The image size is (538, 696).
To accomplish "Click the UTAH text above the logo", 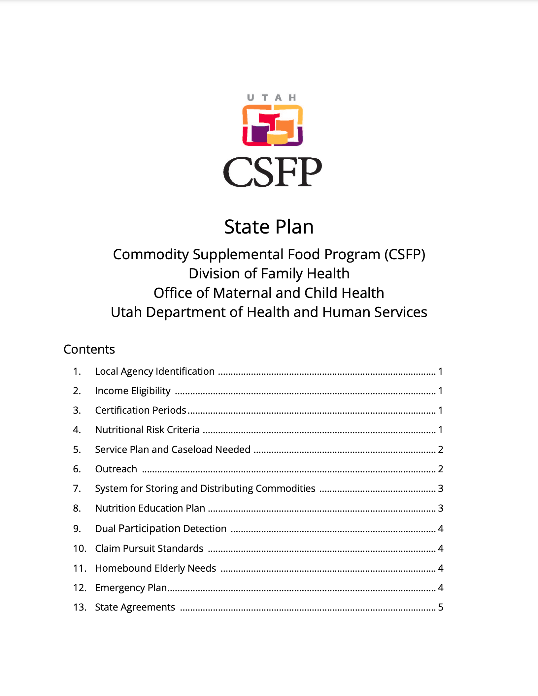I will pos(271,98).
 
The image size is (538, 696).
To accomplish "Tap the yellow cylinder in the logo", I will pos(277,138).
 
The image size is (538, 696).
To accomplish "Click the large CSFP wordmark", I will pos(272,172).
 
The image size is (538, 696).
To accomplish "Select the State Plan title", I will pos(269,227).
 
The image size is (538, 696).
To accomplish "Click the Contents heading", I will pos(89,349).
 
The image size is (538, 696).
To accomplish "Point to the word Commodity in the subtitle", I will pos(151,255).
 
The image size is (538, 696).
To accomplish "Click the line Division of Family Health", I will pos(269,274).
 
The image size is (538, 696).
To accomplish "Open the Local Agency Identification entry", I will pos(155,371).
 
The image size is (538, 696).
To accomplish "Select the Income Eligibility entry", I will pos(133,391).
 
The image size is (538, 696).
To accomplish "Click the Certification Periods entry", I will pos(141,410).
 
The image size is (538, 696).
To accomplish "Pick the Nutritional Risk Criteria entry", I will pos(147,430).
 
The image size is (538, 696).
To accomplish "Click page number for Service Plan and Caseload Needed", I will pos(440,450).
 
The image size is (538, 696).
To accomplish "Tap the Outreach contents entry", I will pos(116,469).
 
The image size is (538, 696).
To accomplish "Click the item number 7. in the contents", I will pos(77,489).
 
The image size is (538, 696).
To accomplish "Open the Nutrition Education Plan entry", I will pos(150,508).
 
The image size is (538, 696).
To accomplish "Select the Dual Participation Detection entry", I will pos(161,529).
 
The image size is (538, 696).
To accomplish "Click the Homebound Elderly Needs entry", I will pos(155,568).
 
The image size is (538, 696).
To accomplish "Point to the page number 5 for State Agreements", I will pos(440,607).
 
